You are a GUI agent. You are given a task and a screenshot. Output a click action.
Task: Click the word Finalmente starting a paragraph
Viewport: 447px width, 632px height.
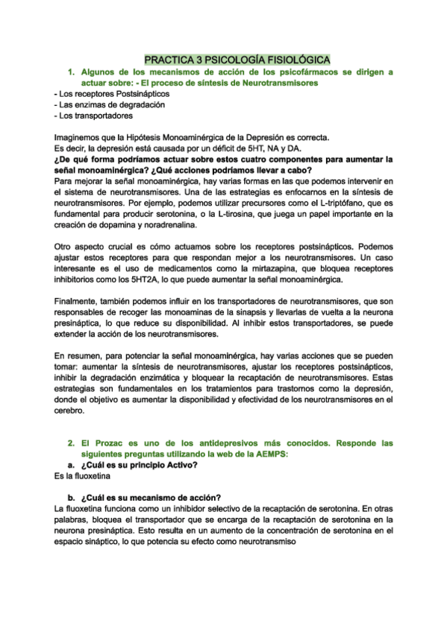coord(80,301)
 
